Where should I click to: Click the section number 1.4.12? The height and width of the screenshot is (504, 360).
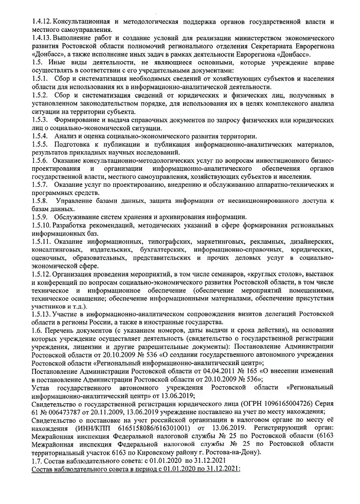(42, 22)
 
